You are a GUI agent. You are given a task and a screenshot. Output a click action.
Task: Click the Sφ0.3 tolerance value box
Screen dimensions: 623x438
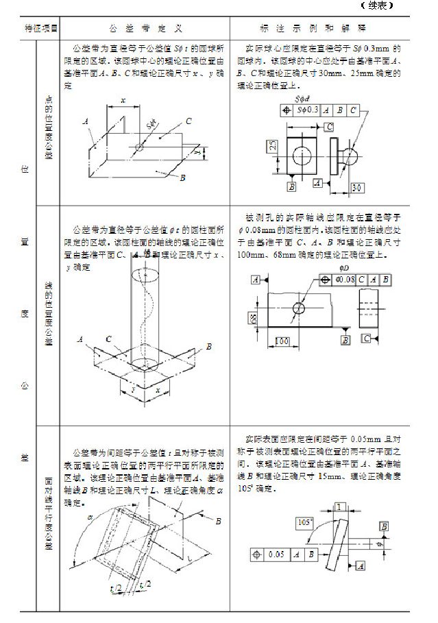coord(307,110)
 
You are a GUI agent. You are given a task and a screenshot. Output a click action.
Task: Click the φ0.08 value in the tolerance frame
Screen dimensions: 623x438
coord(347,280)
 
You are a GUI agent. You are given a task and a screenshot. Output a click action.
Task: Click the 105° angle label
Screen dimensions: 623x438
coord(304,523)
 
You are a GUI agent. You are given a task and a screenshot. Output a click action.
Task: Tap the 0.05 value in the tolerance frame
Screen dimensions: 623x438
coord(278,554)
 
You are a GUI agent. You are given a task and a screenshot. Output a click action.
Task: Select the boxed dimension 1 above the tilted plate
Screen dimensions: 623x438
coord(339,506)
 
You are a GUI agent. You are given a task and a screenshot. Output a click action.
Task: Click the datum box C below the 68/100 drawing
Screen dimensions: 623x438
coord(367,338)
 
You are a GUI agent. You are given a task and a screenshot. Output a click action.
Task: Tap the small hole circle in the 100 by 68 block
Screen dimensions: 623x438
coord(298,309)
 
